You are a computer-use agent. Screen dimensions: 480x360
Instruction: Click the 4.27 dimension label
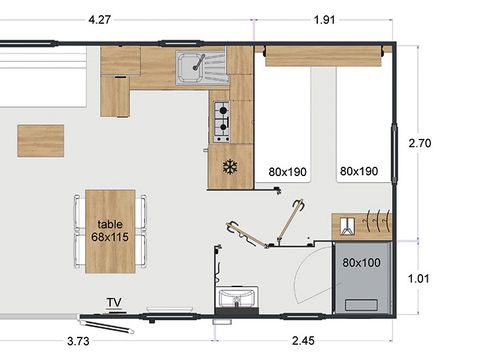pyautogui.click(x=99, y=20)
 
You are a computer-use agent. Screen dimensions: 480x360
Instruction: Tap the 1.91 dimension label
pyautogui.click(x=324, y=20)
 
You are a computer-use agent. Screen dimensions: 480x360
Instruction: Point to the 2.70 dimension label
pyautogui.click(x=420, y=143)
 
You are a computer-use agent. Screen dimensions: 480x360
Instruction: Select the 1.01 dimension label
pyautogui.click(x=419, y=278)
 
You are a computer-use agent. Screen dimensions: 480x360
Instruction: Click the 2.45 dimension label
pyautogui.click(x=303, y=341)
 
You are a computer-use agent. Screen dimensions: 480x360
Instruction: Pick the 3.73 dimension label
pyautogui.click(x=78, y=341)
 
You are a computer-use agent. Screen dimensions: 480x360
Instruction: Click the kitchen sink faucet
pyautogui.click(x=198, y=63)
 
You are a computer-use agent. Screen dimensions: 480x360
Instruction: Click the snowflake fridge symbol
pyautogui.click(x=230, y=167)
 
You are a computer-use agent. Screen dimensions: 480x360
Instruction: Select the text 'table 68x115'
pyautogui.click(x=110, y=231)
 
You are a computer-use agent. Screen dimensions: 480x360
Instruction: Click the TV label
pyautogui.click(x=114, y=303)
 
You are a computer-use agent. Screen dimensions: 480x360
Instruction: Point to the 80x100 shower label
pyautogui.click(x=361, y=263)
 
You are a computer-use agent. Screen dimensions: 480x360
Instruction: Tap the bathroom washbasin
pyautogui.click(x=237, y=297)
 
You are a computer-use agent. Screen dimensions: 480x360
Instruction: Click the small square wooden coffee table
pyautogui.click(x=41, y=141)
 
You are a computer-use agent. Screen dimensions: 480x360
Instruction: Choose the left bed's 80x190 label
pyautogui.click(x=287, y=172)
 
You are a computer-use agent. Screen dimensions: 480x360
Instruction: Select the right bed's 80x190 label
pyautogui.click(x=359, y=171)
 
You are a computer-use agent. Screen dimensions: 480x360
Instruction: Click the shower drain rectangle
pyautogui.click(x=361, y=305)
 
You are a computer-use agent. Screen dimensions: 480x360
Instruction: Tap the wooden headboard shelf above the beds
pyautogui.click(x=323, y=56)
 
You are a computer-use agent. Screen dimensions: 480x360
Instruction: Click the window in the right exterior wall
pyautogui.click(x=394, y=153)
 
